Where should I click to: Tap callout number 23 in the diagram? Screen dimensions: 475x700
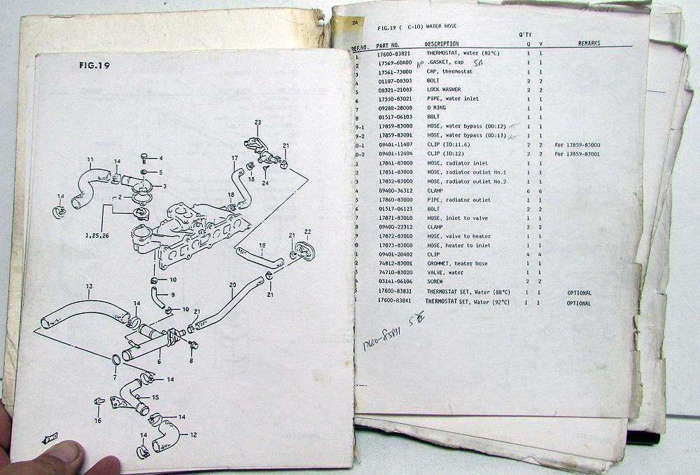point(258,123)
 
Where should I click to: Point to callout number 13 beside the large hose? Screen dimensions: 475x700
point(89,287)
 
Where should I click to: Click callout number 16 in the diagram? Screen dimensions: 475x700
point(97,420)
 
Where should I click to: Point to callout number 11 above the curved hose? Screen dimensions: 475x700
point(90,160)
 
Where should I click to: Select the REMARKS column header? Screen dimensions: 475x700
point(589,43)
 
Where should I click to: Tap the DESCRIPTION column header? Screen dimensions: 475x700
point(442,43)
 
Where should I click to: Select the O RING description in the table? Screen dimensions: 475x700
point(438,109)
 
